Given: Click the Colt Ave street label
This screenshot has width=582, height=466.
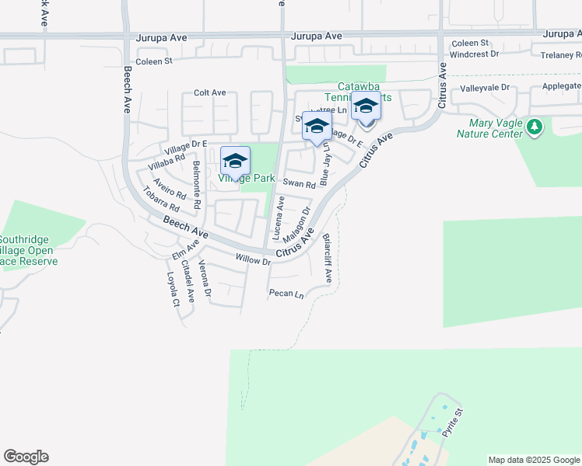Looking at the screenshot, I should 209,92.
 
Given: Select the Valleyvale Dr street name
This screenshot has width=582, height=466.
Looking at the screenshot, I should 484,89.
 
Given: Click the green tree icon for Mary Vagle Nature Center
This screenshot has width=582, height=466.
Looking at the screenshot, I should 534,127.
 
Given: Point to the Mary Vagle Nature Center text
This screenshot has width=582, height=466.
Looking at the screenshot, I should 496,128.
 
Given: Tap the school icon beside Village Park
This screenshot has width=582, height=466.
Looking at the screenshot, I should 235,161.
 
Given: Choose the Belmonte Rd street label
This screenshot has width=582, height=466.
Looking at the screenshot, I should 198,184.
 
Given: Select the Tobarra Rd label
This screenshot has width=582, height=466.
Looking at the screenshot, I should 160,202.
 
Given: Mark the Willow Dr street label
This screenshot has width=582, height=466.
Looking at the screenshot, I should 254,260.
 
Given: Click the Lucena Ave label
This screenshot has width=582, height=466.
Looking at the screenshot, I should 278,217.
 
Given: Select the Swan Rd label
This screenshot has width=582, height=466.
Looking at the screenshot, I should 299,184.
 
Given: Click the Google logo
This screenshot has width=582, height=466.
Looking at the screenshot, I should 26,457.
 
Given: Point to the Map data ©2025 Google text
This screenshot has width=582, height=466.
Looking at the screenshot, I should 533,460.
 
